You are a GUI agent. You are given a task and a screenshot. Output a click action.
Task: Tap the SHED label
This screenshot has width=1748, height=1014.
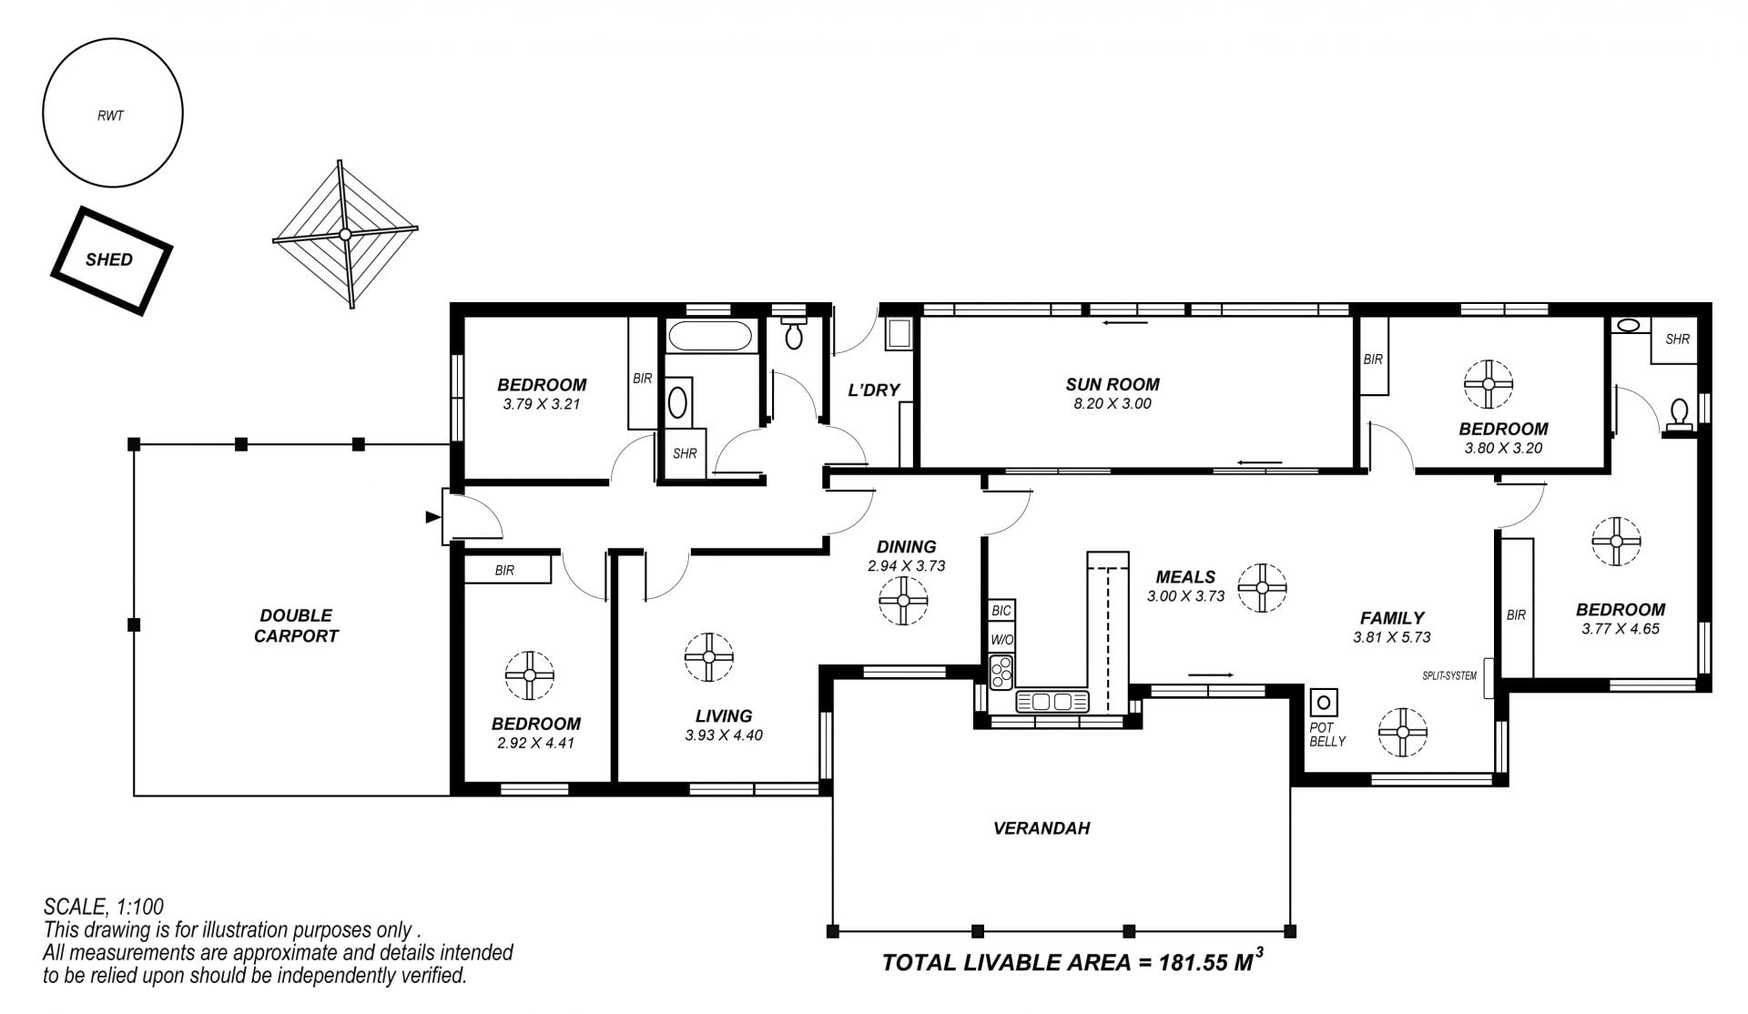click(x=109, y=260)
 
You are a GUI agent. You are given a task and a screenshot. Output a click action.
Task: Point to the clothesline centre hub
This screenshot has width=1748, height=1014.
click(x=345, y=235)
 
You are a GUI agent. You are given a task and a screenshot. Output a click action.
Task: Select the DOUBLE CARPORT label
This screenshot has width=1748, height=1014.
click(x=296, y=626)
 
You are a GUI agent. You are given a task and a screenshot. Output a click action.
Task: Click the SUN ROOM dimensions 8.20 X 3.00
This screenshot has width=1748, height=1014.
click(x=1113, y=404)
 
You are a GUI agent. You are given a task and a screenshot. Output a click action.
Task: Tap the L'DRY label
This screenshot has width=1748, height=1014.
click(x=874, y=390)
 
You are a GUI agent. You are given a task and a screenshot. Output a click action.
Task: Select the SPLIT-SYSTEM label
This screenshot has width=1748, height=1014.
click(x=1449, y=676)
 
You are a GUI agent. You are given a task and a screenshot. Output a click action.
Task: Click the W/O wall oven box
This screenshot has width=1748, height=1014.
click(x=1002, y=640)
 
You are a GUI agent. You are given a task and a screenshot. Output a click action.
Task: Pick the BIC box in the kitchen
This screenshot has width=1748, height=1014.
click(x=1002, y=611)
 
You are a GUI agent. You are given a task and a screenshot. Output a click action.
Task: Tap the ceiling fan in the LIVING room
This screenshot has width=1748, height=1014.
click(x=709, y=657)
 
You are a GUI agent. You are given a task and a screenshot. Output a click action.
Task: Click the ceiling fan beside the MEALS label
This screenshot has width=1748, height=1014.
click(x=1262, y=587)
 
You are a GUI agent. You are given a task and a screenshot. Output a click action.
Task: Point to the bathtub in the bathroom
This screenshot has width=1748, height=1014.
click(x=710, y=336)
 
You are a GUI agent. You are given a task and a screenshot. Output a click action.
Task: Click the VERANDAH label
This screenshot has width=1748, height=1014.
click(x=1042, y=829)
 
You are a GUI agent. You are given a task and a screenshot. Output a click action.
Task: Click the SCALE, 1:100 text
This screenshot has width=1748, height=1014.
click(x=104, y=907)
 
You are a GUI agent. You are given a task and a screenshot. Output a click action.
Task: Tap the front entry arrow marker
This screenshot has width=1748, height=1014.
click(x=432, y=518)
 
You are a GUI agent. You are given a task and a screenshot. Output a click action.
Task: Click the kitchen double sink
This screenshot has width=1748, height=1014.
click(x=1052, y=702)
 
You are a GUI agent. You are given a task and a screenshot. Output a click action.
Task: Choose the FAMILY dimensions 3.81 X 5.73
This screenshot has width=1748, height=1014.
click(x=1392, y=638)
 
